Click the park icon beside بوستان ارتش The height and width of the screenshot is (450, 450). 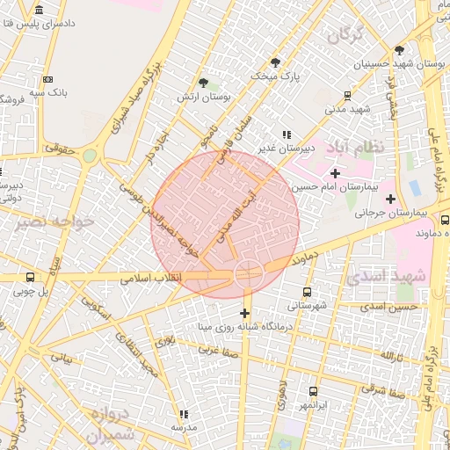coord(205,82)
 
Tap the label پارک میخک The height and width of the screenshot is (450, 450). coord(275,77)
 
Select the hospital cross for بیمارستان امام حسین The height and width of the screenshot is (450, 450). coord(334,174)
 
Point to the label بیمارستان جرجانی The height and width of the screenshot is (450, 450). coord(397,213)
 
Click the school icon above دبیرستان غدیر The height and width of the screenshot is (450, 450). coord(285,133)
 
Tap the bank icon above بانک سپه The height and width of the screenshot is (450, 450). coord(47,79)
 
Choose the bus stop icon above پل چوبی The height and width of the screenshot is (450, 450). coord(32,278)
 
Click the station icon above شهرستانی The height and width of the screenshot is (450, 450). coord(307,292)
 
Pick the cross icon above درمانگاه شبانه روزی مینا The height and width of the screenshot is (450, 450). coord(244,313)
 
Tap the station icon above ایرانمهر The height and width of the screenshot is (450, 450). coord(313,391)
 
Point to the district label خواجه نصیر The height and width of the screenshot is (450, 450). coord(54,223)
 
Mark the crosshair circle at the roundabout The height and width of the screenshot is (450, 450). coord(248,275)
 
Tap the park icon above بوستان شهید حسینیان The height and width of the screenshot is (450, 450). coord(399,50)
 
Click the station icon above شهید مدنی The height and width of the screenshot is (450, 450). coord(348,96)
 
